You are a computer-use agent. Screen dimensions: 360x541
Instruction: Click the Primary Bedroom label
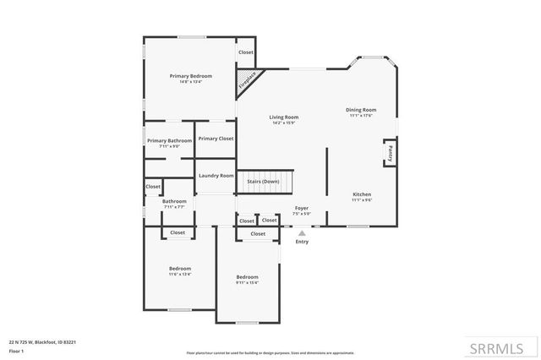pyautogui.click(x=190, y=76)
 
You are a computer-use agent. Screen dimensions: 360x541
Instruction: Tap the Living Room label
pyautogui.click(x=284, y=117)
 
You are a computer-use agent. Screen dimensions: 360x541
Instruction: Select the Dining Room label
pyautogui.click(x=361, y=109)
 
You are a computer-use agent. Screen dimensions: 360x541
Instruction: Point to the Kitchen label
pyautogui.click(x=361, y=194)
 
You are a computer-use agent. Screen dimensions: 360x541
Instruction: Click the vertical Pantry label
pyautogui.click(x=391, y=154)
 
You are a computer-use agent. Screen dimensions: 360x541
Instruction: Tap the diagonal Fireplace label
pyautogui.click(x=248, y=81)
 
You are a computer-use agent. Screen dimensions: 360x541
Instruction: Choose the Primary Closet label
pyautogui.click(x=216, y=139)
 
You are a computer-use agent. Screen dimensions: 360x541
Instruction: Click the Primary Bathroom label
pyautogui.click(x=169, y=140)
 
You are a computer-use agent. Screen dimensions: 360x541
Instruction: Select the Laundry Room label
pyautogui.click(x=216, y=176)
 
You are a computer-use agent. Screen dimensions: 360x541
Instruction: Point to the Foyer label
pyautogui.click(x=302, y=208)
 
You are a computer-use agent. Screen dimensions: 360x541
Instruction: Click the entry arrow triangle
pyautogui.click(x=302, y=232)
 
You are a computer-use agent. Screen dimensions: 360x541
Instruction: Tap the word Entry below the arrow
pyautogui.click(x=302, y=242)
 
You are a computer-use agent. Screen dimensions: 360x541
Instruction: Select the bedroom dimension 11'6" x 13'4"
pyautogui.click(x=179, y=274)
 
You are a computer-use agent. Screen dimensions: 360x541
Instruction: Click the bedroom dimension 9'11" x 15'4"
pyautogui.click(x=247, y=283)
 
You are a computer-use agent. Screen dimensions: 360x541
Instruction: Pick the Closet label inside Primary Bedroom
pyautogui.click(x=245, y=52)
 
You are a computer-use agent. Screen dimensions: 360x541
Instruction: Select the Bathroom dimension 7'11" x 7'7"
pyautogui.click(x=174, y=206)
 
